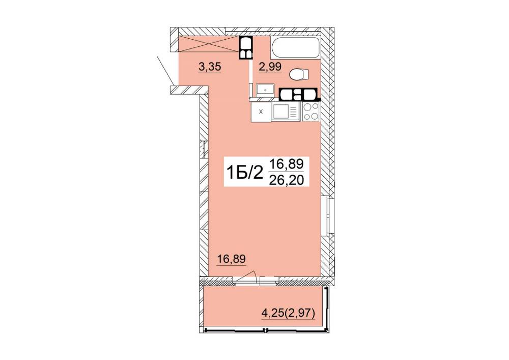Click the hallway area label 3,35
pyautogui.click(x=210, y=67)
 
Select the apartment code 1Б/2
pyautogui.click(x=245, y=173)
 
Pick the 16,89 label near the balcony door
pyautogui.click(x=232, y=259)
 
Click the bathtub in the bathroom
pyautogui.click(x=295, y=48)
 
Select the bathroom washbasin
pyautogui.click(x=266, y=89)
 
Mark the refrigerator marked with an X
pyautogui.click(x=261, y=112)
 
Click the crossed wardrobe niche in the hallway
pyautogui.click(x=208, y=44)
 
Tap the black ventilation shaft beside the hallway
pyautogui.click(x=246, y=48)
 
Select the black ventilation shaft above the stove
pyautogui.click(x=299, y=94)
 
